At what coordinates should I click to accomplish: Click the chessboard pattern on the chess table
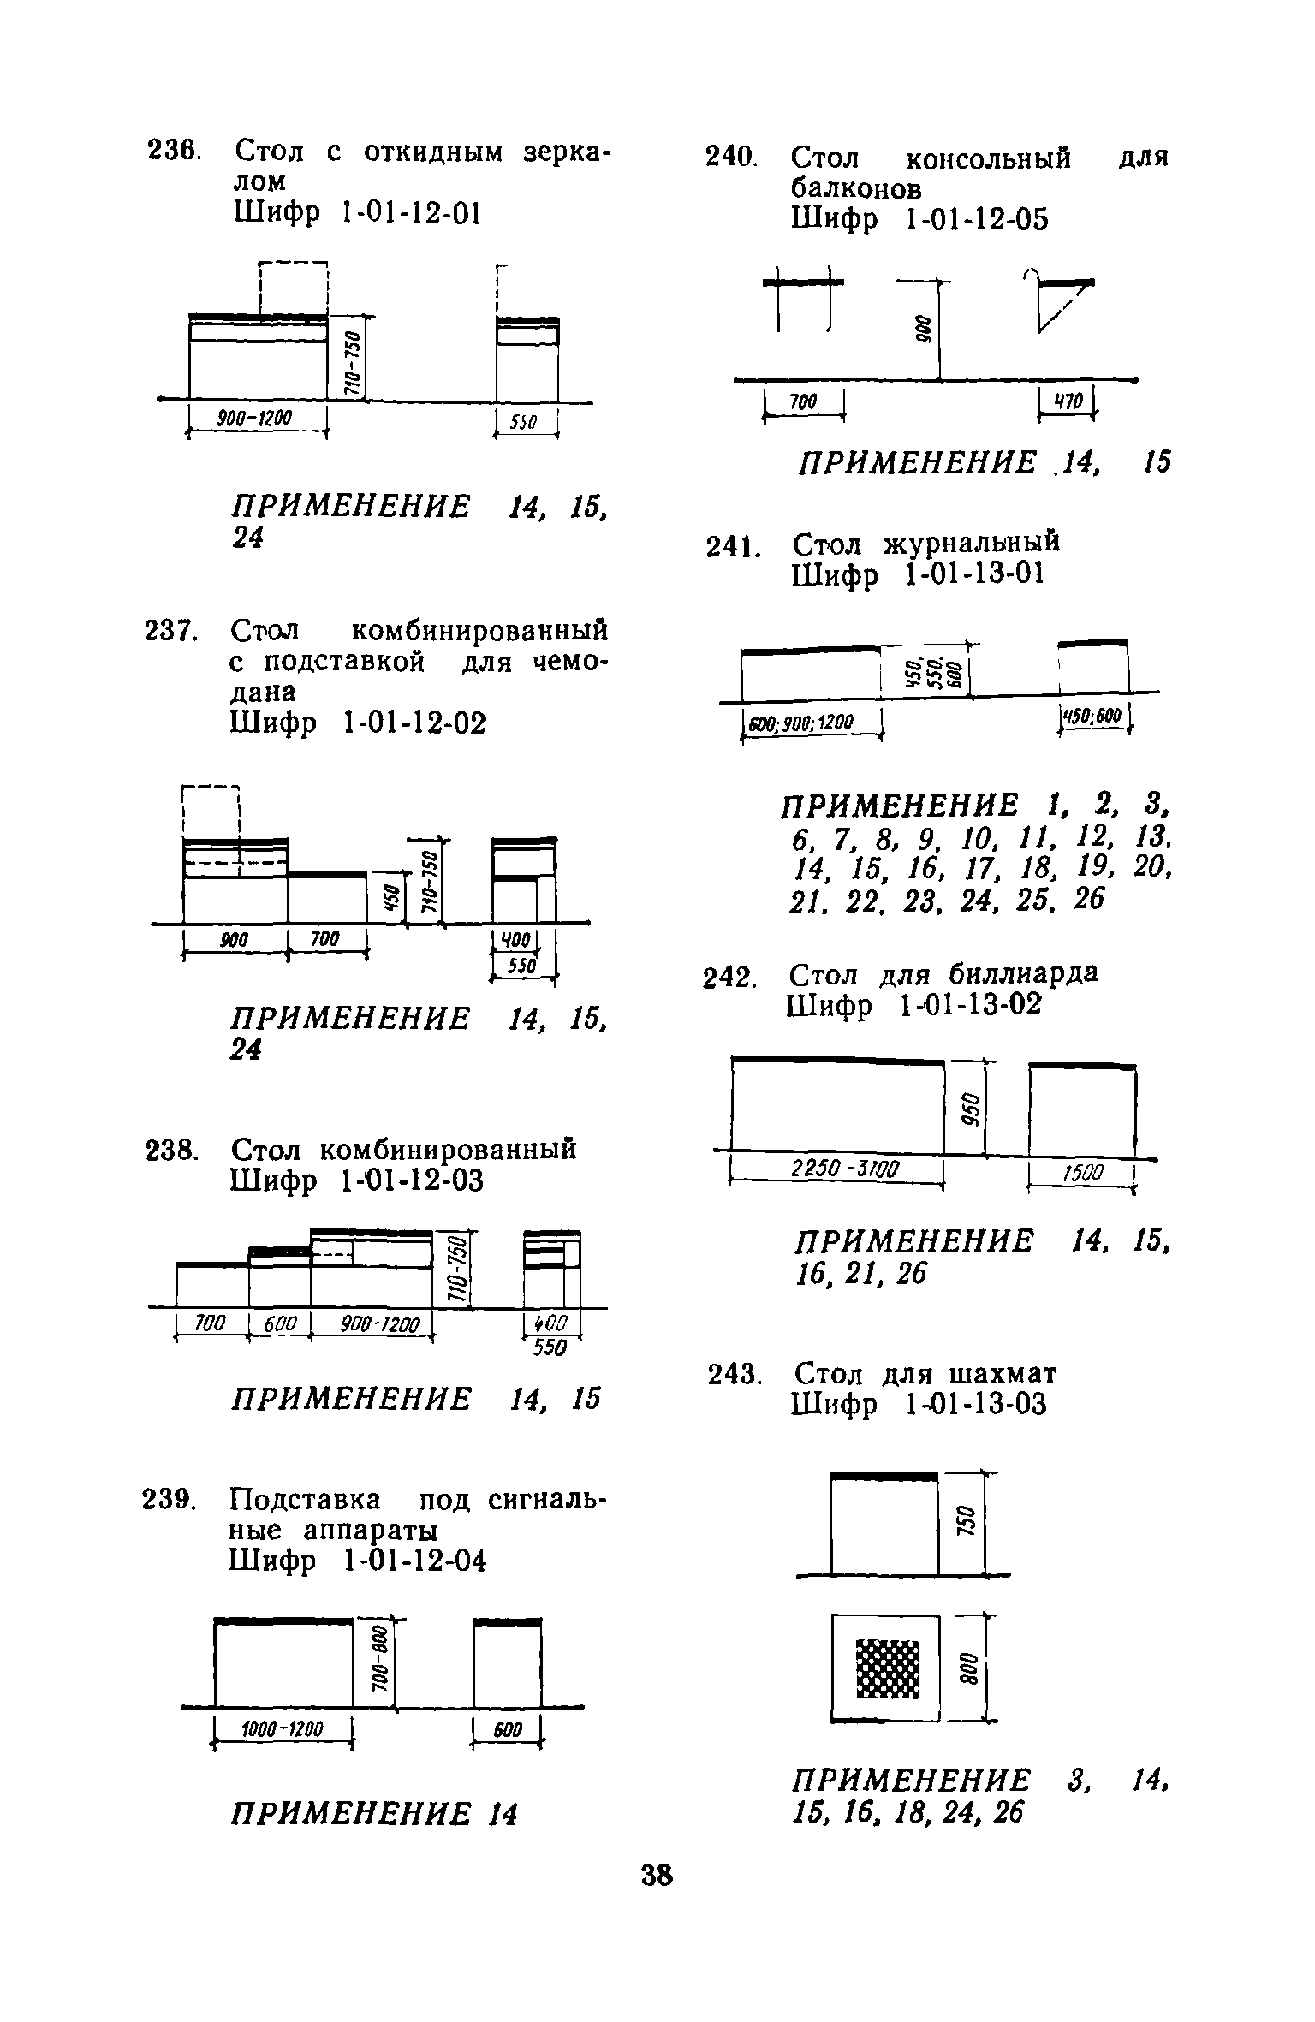tap(887, 1668)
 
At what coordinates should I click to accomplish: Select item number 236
tap(174, 152)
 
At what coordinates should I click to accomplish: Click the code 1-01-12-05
tap(976, 221)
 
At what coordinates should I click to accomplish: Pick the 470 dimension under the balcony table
tap(1067, 401)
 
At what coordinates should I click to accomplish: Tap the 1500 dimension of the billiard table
tap(1083, 1174)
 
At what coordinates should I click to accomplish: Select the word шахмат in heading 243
tap(1003, 1375)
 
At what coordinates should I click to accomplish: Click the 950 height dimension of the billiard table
tap(970, 1109)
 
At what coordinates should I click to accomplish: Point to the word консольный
tap(988, 158)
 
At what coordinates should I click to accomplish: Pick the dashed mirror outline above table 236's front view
tap(293, 288)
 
